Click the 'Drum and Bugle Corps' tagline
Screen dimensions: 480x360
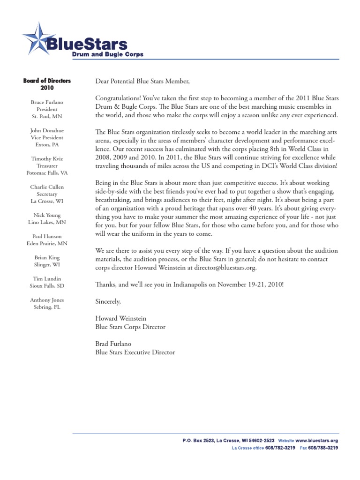pyautogui.click(x=107, y=54)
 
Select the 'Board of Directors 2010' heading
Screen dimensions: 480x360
pyautogui.click(x=47, y=84)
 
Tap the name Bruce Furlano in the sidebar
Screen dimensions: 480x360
pyautogui.click(x=47, y=102)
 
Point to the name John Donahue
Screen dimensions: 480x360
pyautogui.click(x=47, y=130)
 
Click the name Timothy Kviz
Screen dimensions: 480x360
pyautogui.click(x=47, y=159)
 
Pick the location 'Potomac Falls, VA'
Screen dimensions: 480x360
pyautogui.click(x=47, y=173)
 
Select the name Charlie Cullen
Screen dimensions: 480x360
pyautogui.click(x=47, y=187)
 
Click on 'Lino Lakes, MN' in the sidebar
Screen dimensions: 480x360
pyautogui.click(x=47, y=222)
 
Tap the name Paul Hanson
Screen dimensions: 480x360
pyautogui.click(x=47, y=237)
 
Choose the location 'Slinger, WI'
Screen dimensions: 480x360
pyautogui.click(x=47, y=265)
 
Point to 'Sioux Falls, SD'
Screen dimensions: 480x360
pyautogui.click(x=47, y=286)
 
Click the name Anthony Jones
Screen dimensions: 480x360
pyautogui.click(x=47, y=300)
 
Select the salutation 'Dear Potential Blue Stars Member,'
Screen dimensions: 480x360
pyautogui.click(x=142, y=82)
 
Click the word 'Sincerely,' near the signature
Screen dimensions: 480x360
pyautogui.click(x=108, y=301)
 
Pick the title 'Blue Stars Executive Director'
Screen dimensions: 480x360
pyautogui.click(x=135, y=352)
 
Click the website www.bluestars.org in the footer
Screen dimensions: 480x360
pyautogui.click(x=316, y=441)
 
